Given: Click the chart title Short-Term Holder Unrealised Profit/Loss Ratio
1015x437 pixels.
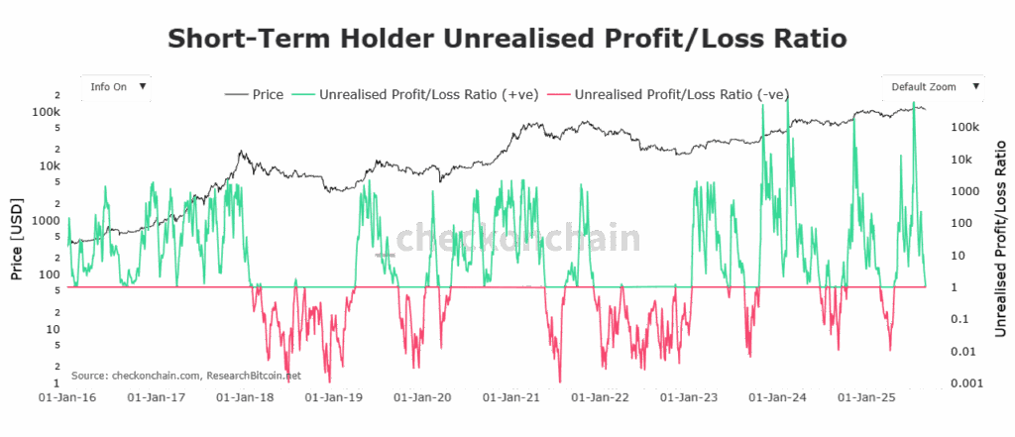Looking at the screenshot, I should (507, 39).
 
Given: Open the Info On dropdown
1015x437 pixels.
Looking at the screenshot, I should (117, 86).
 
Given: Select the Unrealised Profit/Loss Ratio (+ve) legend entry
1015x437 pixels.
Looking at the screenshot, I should (418, 95).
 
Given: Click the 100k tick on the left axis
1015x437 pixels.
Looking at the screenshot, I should (47, 112).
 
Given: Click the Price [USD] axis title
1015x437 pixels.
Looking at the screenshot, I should (17, 237).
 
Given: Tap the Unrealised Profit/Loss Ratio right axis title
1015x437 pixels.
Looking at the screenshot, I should (1000, 238).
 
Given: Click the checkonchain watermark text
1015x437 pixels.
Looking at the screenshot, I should (517, 239).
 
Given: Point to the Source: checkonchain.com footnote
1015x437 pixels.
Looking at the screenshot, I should (185, 376).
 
